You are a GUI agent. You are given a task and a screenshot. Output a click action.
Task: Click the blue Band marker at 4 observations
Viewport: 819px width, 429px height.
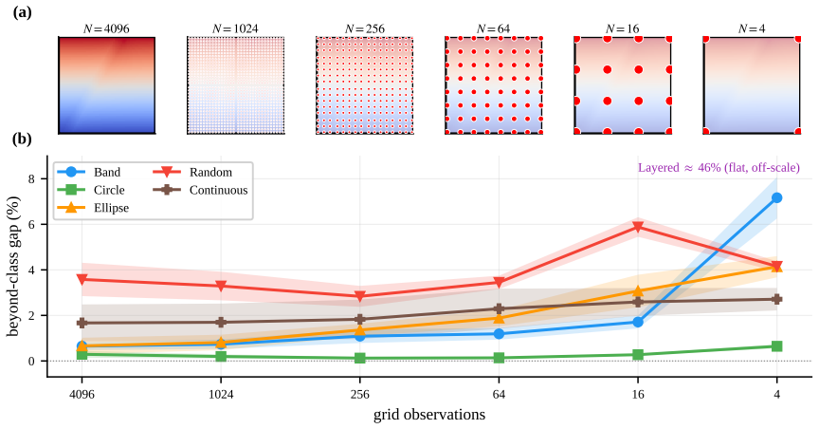coord(776,197)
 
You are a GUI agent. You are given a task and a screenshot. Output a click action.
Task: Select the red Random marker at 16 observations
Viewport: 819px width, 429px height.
coord(638,227)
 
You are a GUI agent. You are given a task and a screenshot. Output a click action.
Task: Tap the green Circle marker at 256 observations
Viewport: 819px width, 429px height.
coord(360,359)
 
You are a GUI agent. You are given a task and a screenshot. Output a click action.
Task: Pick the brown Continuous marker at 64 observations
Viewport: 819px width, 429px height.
coord(499,308)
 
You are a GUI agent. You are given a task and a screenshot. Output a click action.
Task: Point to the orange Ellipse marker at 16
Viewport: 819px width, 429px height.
coord(638,290)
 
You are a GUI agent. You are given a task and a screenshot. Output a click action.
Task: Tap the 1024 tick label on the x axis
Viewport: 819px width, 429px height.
coord(221,395)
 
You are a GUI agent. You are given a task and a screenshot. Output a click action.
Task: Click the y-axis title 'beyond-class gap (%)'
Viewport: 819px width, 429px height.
coord(13,267)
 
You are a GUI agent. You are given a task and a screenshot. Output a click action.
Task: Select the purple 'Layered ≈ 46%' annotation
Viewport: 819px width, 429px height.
coord(719,168)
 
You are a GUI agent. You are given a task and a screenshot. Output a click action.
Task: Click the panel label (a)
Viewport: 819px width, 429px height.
coord(22,11)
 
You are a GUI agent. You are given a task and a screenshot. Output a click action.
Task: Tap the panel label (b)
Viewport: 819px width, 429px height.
coord(22,140)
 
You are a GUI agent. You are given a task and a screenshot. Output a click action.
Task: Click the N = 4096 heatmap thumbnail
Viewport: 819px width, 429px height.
coord(106,85)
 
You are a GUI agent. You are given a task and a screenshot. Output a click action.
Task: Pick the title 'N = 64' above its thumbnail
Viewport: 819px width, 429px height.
coord(494,28)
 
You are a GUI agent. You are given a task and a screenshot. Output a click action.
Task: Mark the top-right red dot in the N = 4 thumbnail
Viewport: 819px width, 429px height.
coord(797,39)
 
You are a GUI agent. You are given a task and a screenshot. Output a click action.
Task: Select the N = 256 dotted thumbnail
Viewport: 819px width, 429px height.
coord(365,85)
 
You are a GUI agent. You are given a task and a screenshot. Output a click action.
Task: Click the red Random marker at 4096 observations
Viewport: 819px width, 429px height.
coord(82,280)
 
